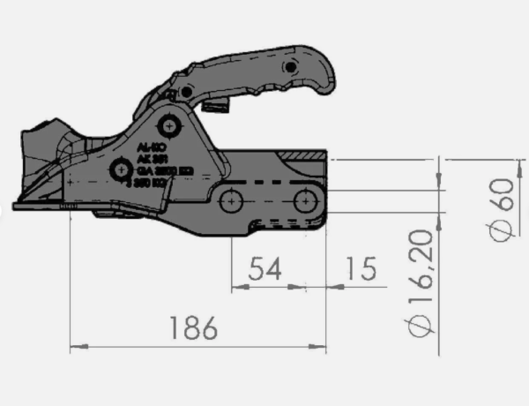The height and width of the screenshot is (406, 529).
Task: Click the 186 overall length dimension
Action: (193, 329)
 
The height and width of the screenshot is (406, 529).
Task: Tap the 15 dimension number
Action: (355, 268)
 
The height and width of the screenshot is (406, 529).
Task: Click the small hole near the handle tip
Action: (291, 66)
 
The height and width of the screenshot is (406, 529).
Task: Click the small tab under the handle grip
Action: (217, 106)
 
